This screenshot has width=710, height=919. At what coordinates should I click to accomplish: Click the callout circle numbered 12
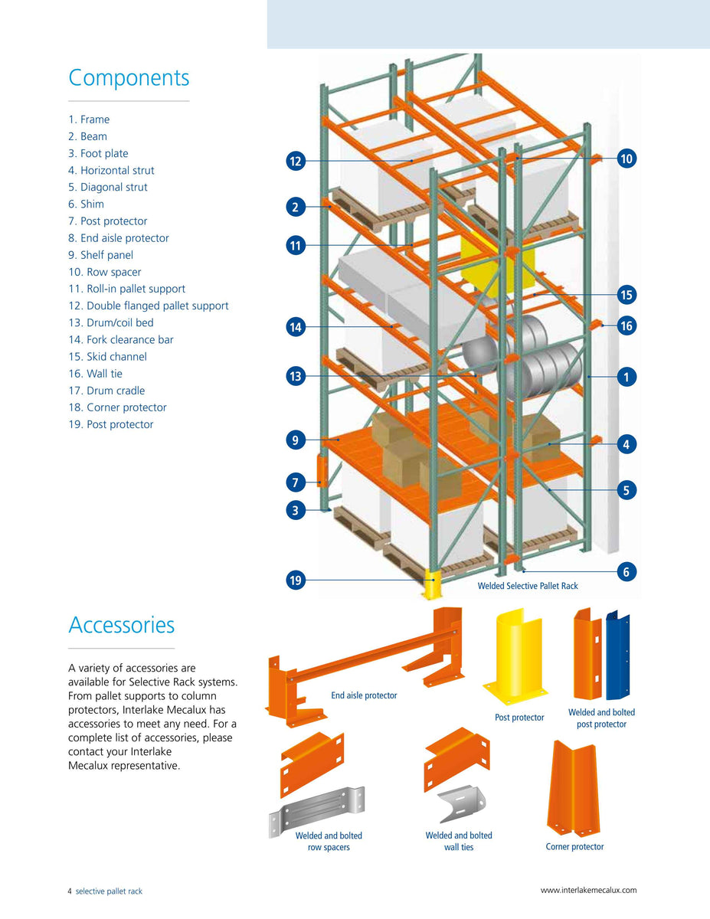tap(296, 161)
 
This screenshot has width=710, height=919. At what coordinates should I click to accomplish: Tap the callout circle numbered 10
tap(627, 159)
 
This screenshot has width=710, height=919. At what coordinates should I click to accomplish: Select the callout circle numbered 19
tap(296, 581)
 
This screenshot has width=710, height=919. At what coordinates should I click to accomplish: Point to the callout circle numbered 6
tap(627, 571)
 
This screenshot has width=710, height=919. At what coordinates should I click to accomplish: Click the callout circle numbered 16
tap(627, 325)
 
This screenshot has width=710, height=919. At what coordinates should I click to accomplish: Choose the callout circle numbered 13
tap(296, 376)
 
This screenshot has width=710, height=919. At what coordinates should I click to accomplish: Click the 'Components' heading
tap(129, 78)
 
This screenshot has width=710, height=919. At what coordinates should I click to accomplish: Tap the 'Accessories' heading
tap(122, 625)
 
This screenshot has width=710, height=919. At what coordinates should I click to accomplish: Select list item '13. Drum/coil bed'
tap(111, 322)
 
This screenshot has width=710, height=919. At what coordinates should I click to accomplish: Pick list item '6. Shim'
tap(86, 204)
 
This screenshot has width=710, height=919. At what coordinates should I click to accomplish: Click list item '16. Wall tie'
tap(95, 374)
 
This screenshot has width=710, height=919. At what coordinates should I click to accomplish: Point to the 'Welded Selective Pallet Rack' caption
tap(528, 586)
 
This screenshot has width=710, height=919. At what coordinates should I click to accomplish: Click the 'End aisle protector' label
tap(364, 695)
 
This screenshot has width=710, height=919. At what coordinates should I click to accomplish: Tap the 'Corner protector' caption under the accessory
tap(574, 846)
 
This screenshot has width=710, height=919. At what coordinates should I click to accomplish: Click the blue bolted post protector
tap(617, 656)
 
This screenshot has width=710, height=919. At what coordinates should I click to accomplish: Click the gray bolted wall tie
tap(461, 805)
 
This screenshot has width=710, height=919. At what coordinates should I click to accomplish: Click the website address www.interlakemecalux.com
tap(588, 890)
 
